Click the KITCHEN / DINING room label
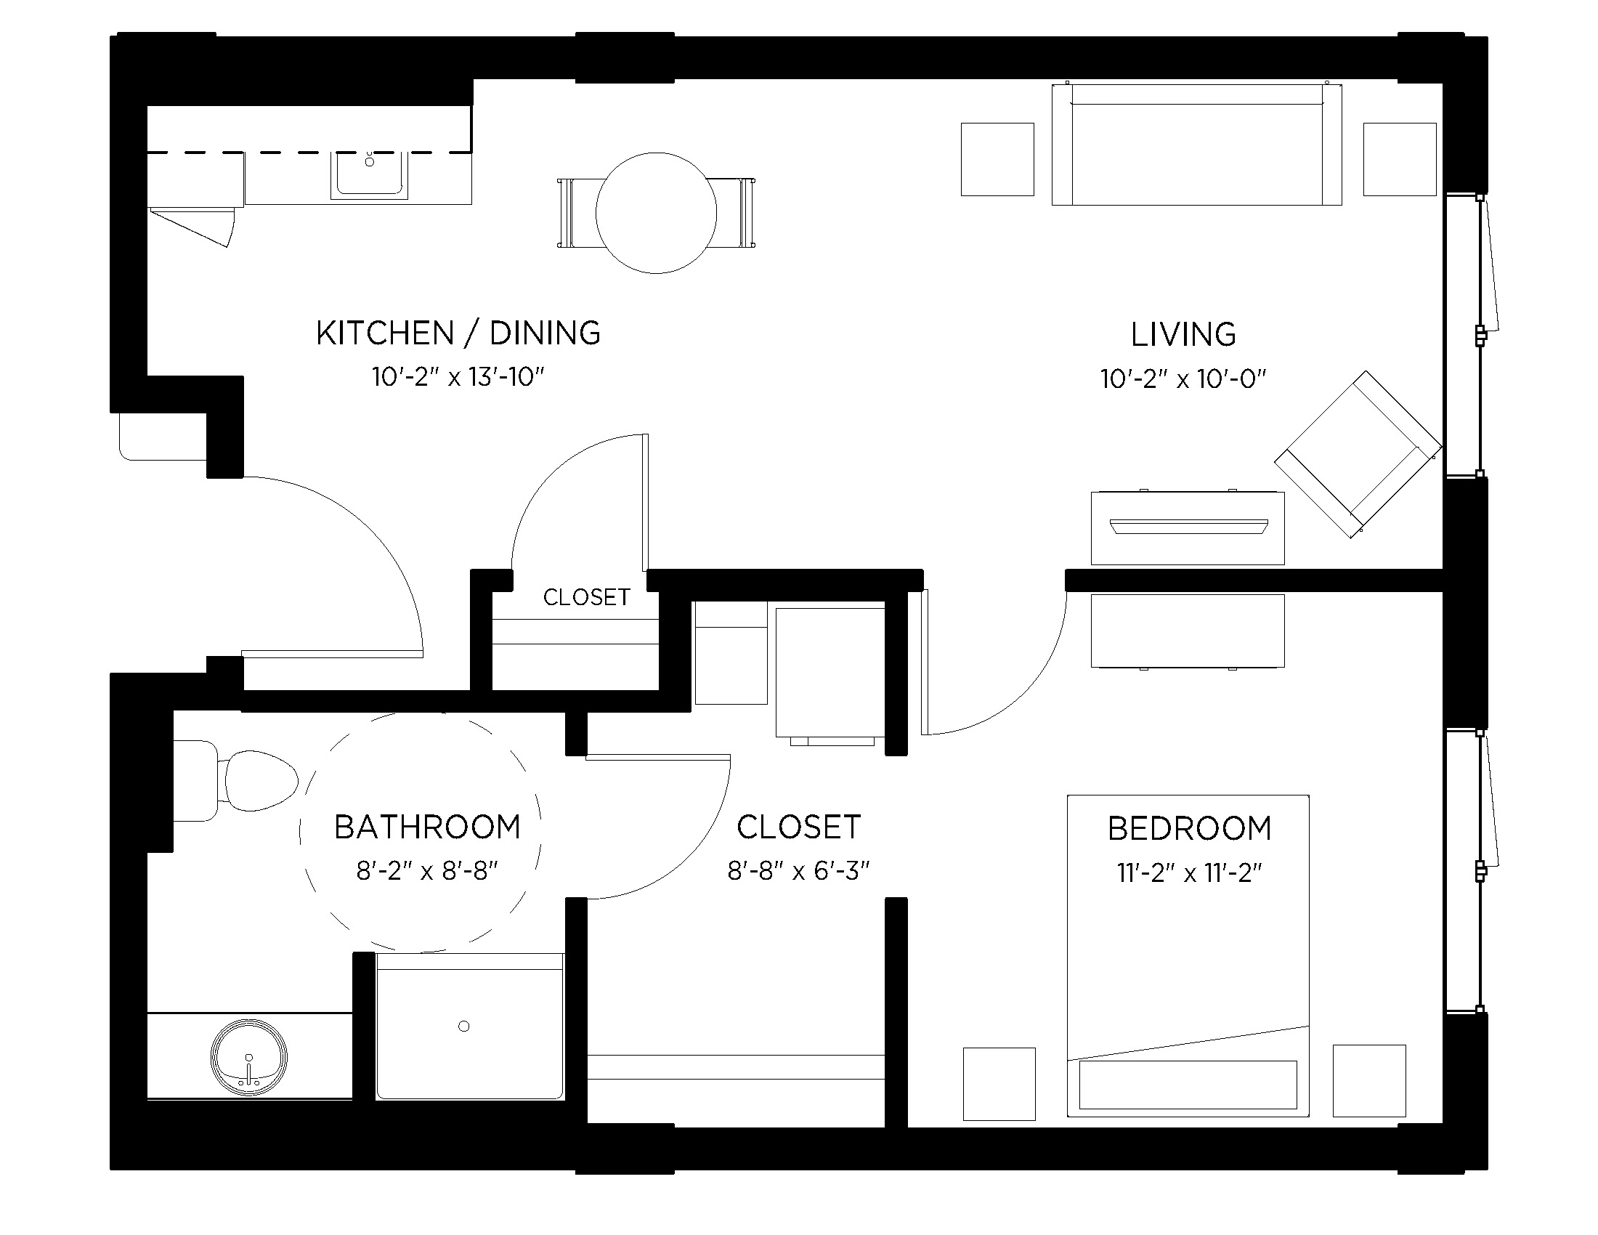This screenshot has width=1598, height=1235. coord(458,333)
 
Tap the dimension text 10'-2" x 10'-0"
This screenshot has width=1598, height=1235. coord(1183,379)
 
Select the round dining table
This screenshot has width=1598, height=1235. coord(657,213)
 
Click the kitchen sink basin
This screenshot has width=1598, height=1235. coord(369,174)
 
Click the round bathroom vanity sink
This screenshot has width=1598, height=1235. coord(248,1057)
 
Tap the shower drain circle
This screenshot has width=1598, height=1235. coord(463,1027)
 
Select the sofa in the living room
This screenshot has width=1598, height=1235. coord(1196,145)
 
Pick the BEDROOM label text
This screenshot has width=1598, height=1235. coord(1189,829)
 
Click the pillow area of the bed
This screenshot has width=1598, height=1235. coord(1188,1085)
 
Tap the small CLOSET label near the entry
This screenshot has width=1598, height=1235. coord(586,597)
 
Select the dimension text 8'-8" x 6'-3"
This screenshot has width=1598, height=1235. coord(798,870)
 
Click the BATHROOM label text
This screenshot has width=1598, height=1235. coord(427,827)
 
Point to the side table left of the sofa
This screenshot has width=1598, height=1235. coord(997,160)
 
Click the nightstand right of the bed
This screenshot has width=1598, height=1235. coord(1369,1081)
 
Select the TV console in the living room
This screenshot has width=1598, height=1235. coord(1188,527)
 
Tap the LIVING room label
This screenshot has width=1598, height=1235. coord(1183,334)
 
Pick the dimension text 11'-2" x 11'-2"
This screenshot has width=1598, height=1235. coord(1189,872)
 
